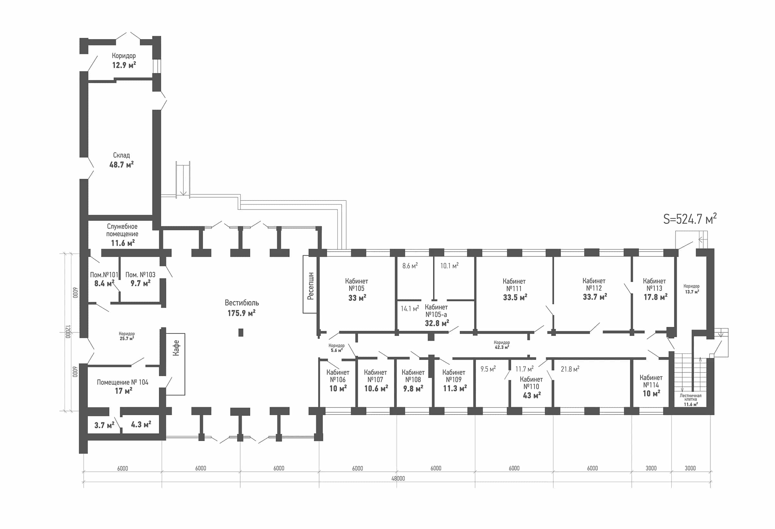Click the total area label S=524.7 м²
tap(690, 219)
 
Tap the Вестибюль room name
tap(242, 303)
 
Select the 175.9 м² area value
tap(242, 313)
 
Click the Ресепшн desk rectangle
tap(310, 284)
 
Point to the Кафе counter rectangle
tap(175, 364)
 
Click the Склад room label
tap(121, 155)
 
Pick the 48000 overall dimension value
tap(398, 478)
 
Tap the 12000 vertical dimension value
tap(68, 332)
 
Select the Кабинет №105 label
tap(356, 285)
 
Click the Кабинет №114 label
tap(651, 381)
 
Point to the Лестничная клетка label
tap(691, 397)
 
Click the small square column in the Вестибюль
tap(241, 332)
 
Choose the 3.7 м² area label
tap(104, 425)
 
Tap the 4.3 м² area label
tap(141, 425)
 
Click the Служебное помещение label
tap(122, 230)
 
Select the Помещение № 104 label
tap(122, 382)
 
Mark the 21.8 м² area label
tap(570, 369)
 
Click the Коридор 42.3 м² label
tap(501, 345)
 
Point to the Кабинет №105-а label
tap(436, 311)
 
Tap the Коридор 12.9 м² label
tap(124, 60)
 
